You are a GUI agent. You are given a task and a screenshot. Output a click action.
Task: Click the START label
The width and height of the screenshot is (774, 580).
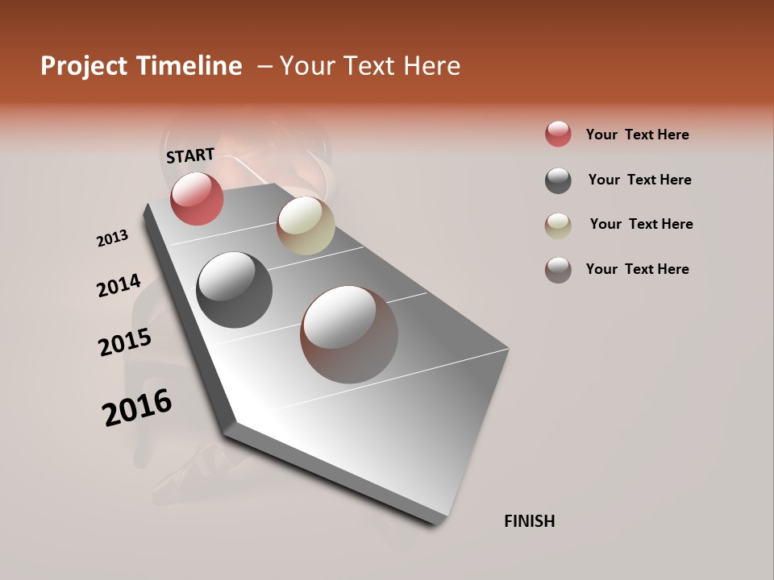(x=190, y=155)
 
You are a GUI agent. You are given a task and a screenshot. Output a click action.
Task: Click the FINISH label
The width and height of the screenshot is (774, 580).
(x=529, y=521)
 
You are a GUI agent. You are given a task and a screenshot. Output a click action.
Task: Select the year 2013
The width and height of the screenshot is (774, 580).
(x=112, y=238)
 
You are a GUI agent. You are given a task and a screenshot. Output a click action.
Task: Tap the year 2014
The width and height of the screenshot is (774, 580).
(x=119, y=285)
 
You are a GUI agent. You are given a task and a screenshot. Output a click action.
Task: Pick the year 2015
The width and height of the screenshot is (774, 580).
(x=125, y=342)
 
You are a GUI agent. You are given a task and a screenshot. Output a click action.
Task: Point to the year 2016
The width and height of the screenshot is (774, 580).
(x=137, y=408)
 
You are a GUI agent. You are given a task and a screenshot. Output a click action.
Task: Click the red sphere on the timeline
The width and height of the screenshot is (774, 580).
(x=197, y=198)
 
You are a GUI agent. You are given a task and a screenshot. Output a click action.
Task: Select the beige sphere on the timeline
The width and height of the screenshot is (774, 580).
(x=306, y=226)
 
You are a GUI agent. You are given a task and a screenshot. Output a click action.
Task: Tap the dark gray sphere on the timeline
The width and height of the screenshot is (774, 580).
(x=234, y=290)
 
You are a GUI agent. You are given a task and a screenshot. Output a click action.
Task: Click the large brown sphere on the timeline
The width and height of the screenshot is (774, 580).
(x=349, y=334)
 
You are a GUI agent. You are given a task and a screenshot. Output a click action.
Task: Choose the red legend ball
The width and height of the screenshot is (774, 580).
(x=558, y=134)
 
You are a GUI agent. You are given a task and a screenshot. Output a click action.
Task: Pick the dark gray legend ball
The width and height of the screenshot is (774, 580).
(x=558, y=180)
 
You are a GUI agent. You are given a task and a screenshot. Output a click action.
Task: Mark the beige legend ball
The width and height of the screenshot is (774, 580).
(x=558, y=226)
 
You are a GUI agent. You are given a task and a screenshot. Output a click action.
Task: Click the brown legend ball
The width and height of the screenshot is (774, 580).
(x=558, y=270)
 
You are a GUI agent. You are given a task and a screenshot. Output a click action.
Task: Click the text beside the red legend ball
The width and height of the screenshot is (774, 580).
(x=637, y=135)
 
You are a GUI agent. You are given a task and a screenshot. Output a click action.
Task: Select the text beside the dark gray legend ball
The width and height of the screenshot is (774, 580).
(x=639, y=180)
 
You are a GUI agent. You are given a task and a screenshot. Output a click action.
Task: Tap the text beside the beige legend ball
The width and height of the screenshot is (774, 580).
(x=641, y=224)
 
